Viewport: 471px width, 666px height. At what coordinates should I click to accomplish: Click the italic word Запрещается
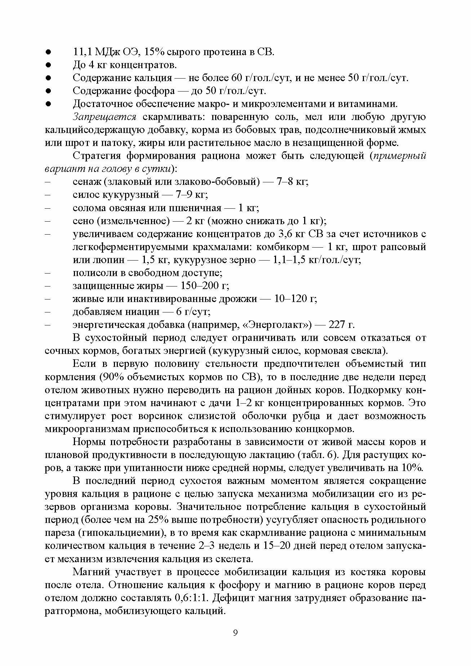pyautogui.click(x=104, y=117)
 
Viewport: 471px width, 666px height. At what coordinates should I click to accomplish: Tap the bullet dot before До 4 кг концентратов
pyautogui.click(x=48, y=65)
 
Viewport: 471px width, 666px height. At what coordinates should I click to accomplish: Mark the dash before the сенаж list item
pyautogui.click(x=48, y=182)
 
